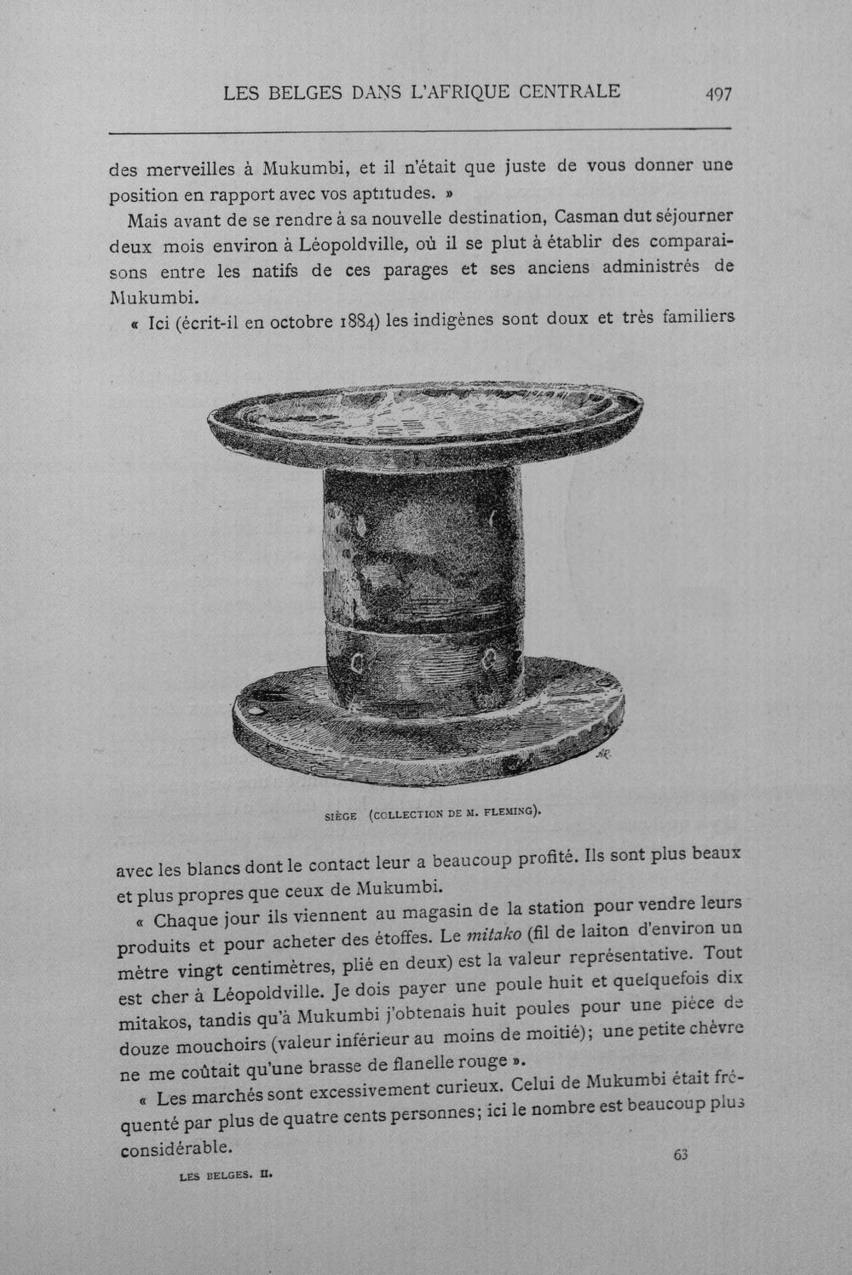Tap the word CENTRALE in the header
[x=569, y=91]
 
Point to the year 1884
[x=358, y=322]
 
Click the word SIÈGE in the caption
[x=341, y=816]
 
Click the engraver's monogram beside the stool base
[x=603, y=755]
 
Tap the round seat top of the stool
[x=425, y=417]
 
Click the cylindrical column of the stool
[x=423, y=581]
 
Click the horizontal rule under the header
[x=420, y=130]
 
